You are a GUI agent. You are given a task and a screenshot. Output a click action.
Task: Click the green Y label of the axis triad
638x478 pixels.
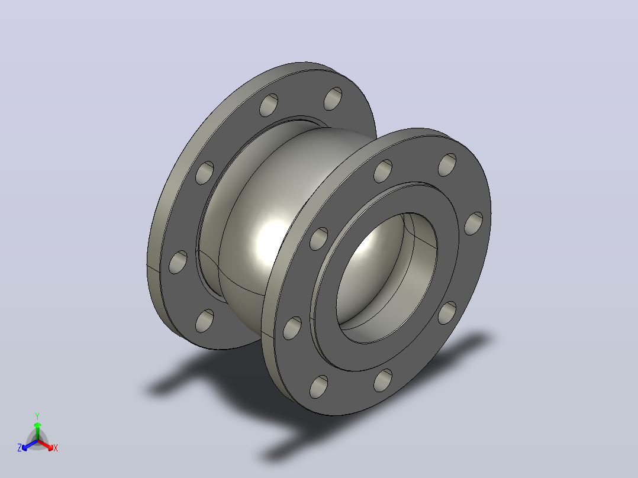coord(37,416)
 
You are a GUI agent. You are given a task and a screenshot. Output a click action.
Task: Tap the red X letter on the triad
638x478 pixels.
coord(56,448)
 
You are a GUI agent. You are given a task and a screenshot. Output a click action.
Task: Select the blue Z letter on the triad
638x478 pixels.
coord(19,447)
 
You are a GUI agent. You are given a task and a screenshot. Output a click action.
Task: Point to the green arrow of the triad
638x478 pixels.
coord(37,431)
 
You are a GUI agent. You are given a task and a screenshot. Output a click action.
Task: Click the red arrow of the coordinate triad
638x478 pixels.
coord(46,445)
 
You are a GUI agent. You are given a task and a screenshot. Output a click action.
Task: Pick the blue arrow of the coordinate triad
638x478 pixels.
coord(30,445)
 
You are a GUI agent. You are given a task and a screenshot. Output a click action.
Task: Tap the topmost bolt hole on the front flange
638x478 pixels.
coord(447,165)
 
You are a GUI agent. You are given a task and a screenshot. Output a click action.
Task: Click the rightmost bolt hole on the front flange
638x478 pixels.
coord(473,224)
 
